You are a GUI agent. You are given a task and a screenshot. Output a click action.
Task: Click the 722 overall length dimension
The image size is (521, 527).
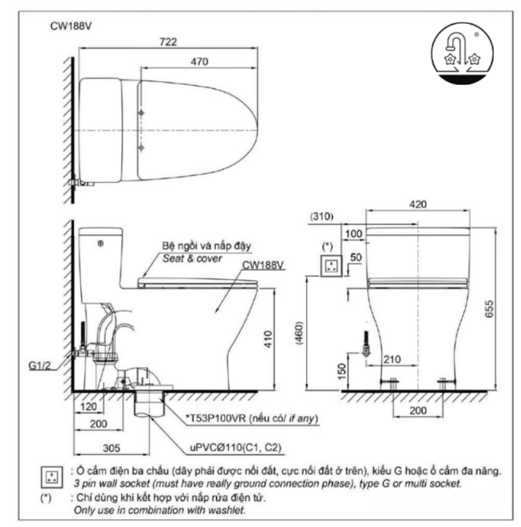point(168,42)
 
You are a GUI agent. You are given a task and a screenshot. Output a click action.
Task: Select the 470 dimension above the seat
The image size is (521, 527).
point(200,62)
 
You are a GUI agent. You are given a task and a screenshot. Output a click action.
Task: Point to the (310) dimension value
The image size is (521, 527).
point(321,217)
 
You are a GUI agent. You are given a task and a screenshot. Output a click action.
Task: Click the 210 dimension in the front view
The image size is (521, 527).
point(392,359)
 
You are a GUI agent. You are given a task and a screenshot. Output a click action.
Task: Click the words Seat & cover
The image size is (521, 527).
point(193,258)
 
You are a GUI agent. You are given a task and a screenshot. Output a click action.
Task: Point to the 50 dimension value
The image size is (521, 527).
point(354,257)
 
